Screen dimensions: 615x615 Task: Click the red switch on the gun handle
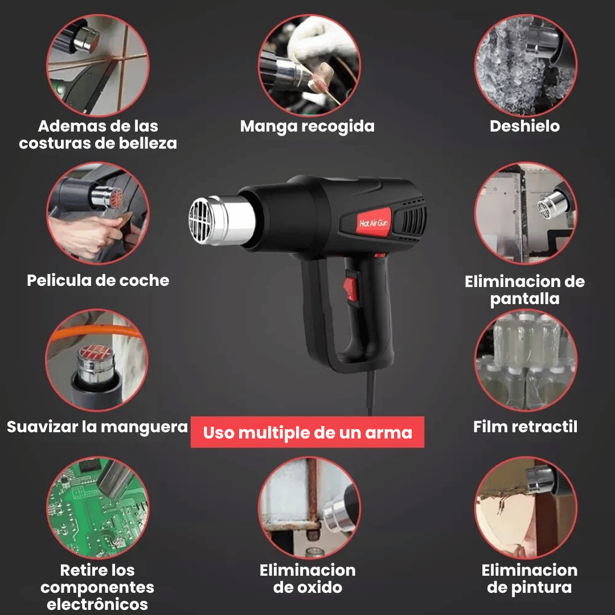point(351,286)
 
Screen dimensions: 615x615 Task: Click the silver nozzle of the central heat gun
point(222,221)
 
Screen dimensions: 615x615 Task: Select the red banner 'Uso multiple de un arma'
point(307,432)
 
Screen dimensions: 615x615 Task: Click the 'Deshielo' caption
point(524,126)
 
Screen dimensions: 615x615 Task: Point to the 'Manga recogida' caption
point(307,126)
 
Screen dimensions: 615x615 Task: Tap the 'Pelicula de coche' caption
point(98,280)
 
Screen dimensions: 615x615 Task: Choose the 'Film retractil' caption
point(525,427)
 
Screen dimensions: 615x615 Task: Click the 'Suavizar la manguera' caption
point(97,427)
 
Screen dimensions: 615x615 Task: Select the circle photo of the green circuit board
point(97,507)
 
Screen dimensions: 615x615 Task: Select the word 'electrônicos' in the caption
point(97,604)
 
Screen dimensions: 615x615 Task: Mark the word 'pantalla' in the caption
point(524,298)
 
